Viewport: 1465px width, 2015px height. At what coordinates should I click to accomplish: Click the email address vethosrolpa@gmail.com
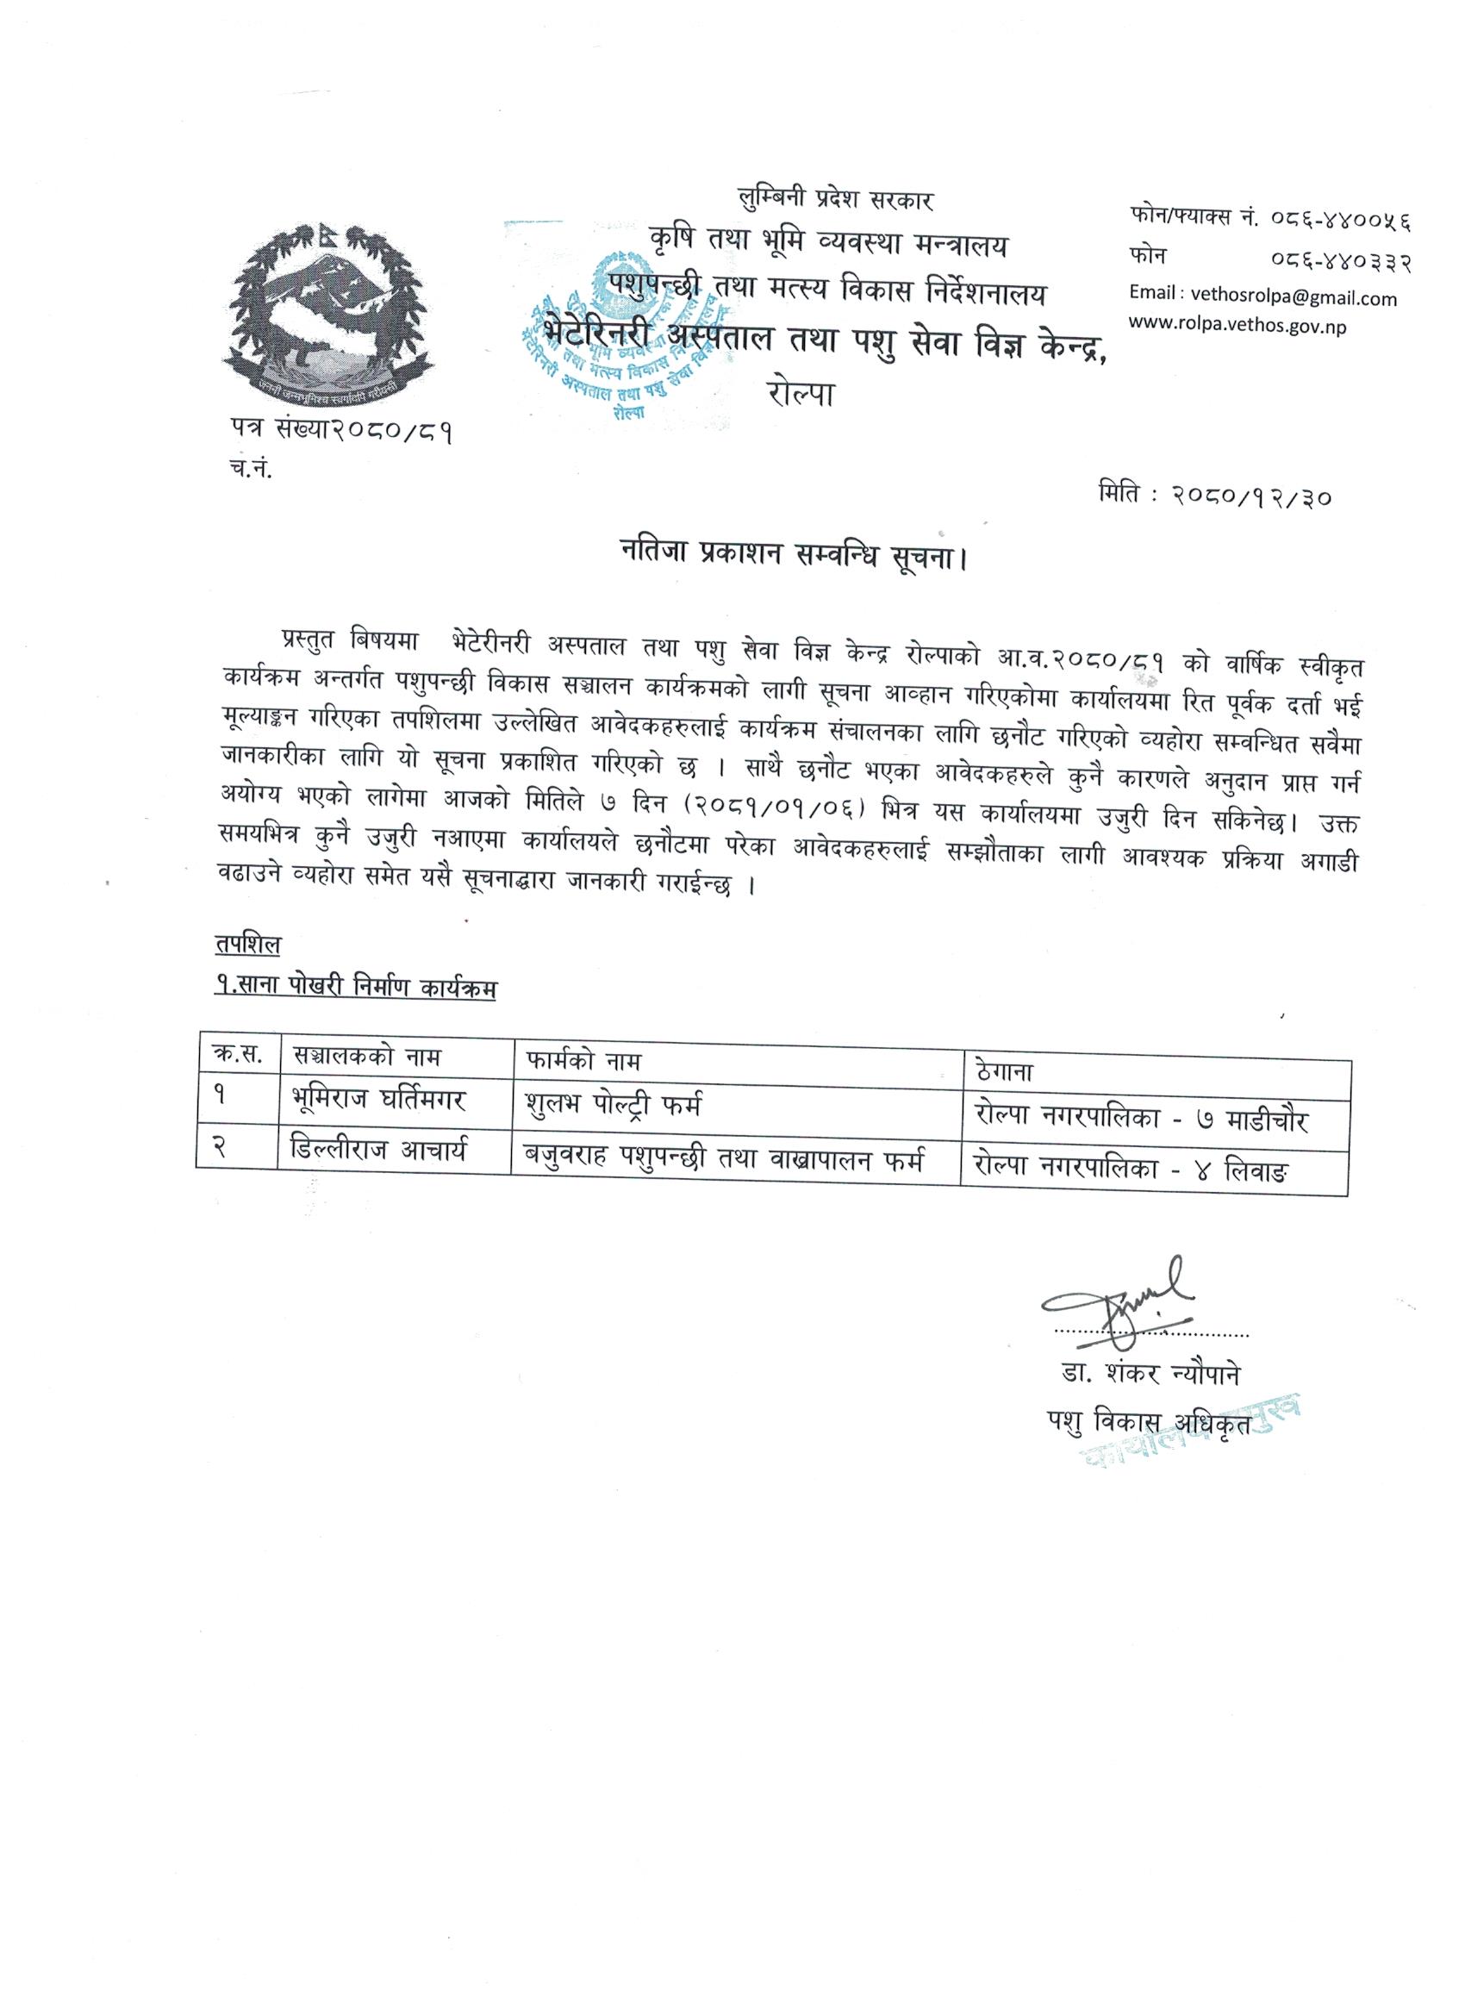pyautogui.click(x=1262, y=298)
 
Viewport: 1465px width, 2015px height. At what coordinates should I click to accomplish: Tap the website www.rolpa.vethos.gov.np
pyautogui.click(x=1237, y=326)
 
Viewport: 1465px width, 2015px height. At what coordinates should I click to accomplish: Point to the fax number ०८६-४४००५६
pyautogui.click(x=1337, y=218)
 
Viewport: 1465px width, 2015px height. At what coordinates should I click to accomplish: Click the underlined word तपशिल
pyautogui.click(x=247, y=945)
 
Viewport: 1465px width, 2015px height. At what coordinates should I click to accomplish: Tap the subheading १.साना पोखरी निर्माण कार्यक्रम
pyautogui.click(x=355, y=987)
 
